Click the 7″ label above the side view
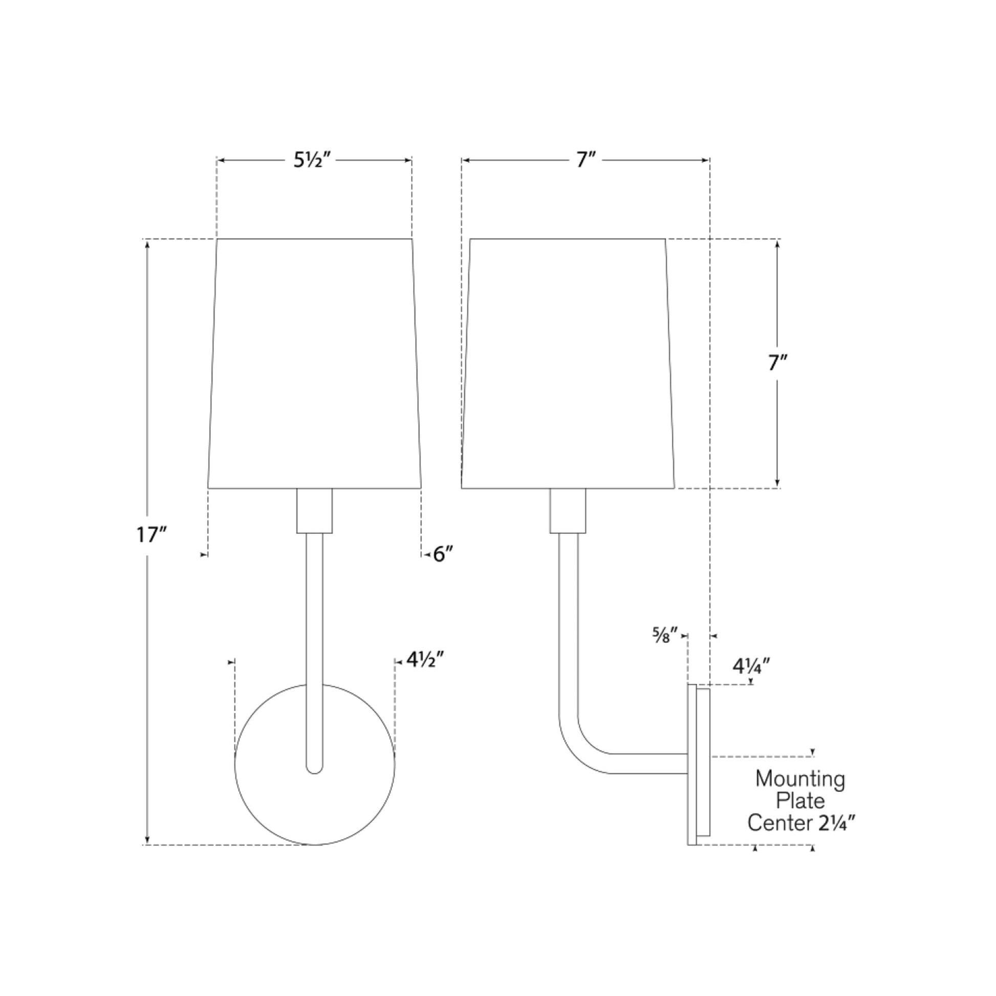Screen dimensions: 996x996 pos(586,161)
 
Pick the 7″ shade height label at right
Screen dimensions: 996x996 pos(778,364)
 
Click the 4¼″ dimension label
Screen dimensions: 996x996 pos(751,666)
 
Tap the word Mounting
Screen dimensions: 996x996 pos(800,778)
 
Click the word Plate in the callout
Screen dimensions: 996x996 pos(800,800)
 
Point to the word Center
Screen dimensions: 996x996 pos(780,823)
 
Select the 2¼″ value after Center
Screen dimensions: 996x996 pos(837,823)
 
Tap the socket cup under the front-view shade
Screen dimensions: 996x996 pos(314,510)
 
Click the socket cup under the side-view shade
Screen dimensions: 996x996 pos(568,510)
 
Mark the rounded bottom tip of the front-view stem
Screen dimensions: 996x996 pos(314,770)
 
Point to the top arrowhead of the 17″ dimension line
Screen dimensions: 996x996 pos(148,244)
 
